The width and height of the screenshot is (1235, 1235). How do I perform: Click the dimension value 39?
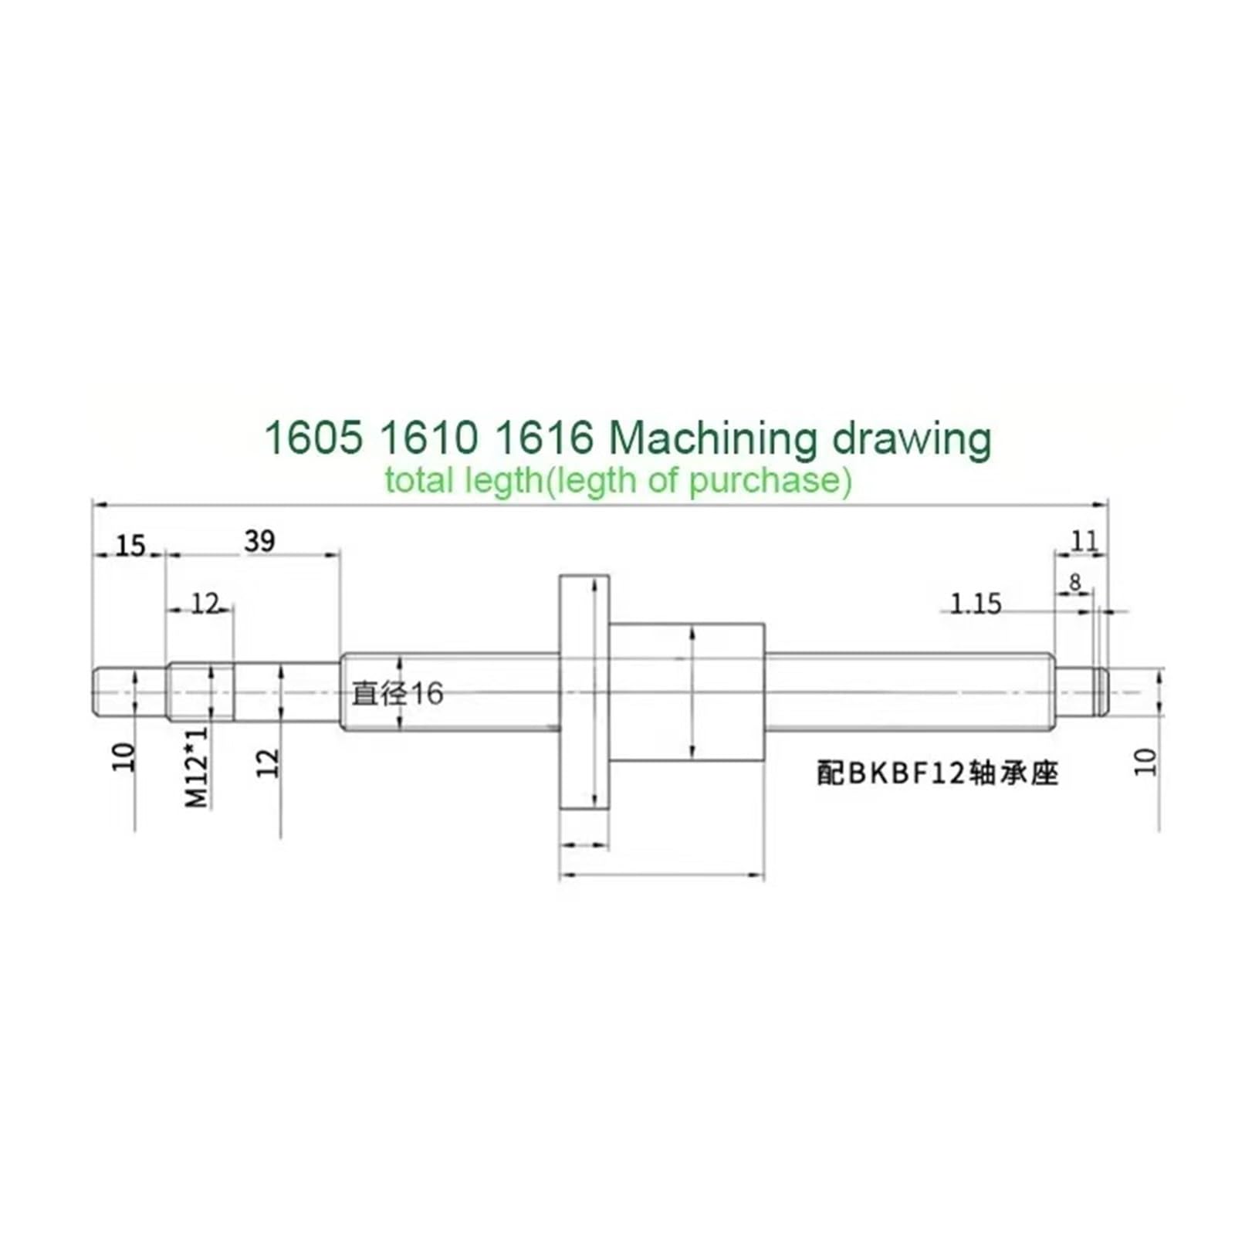[259, 541]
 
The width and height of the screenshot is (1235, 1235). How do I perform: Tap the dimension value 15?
[130, 546]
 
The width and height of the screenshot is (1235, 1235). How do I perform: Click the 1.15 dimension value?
[975, 604]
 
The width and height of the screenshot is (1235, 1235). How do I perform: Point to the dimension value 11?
[1084, 541]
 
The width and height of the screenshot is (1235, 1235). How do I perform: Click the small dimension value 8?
[1075, 582]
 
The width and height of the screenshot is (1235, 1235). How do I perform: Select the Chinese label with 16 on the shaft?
[398, 693]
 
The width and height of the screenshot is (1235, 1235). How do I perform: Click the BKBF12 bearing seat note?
[937, 773]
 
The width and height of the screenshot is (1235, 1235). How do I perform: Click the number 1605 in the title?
[313, 438]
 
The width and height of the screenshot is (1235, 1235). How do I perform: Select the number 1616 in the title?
[542, 438]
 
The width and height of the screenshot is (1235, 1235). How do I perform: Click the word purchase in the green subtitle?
[769, 481]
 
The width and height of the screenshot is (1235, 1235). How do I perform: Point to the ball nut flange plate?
[584, 691]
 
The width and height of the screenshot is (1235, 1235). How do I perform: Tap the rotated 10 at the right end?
[1147, 762]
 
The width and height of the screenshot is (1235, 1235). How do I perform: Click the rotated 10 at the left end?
[124, 757]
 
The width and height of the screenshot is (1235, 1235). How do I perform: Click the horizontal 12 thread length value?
[205, 604]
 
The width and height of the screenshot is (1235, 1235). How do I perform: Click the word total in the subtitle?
[418, 481]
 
